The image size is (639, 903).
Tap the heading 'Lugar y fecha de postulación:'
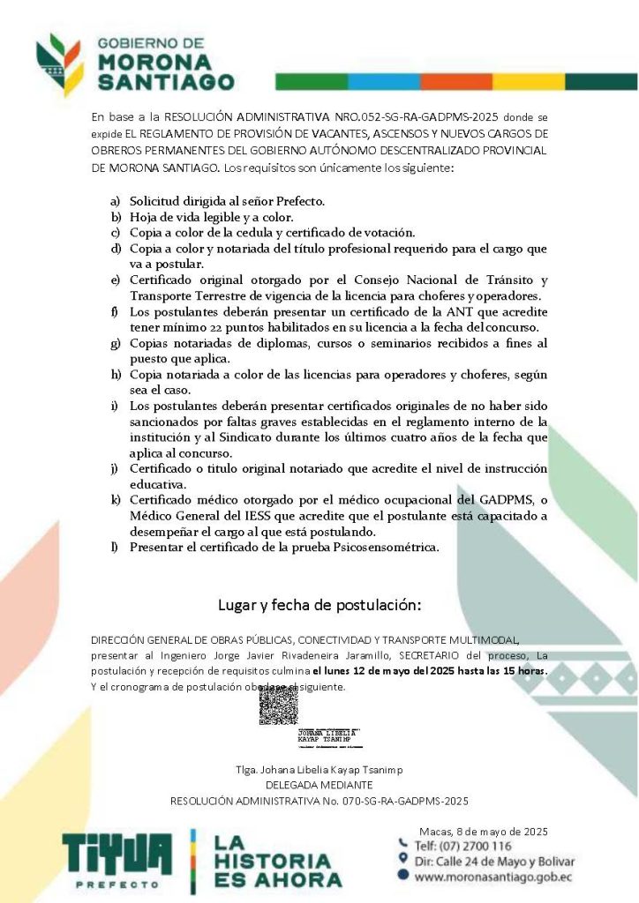pyautogui.click(x=319, y=605)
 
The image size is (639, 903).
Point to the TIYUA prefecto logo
pyautogui.click(x=117, y=860)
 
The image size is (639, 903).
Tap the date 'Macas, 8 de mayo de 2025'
pyautogui.click(x=484, y=831)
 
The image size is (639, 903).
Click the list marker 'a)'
pyautogui.click(x=115, y=201)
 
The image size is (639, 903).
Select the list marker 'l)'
pyautogui.click(x=115, y=548)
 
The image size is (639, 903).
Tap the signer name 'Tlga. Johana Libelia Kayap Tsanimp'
pyautogui.click(x=319, y=769)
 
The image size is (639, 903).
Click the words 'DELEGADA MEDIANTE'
pyautogui.click(x=319, y=785)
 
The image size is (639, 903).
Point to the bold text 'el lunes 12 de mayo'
pyautogui.click(x=368, y=671)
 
